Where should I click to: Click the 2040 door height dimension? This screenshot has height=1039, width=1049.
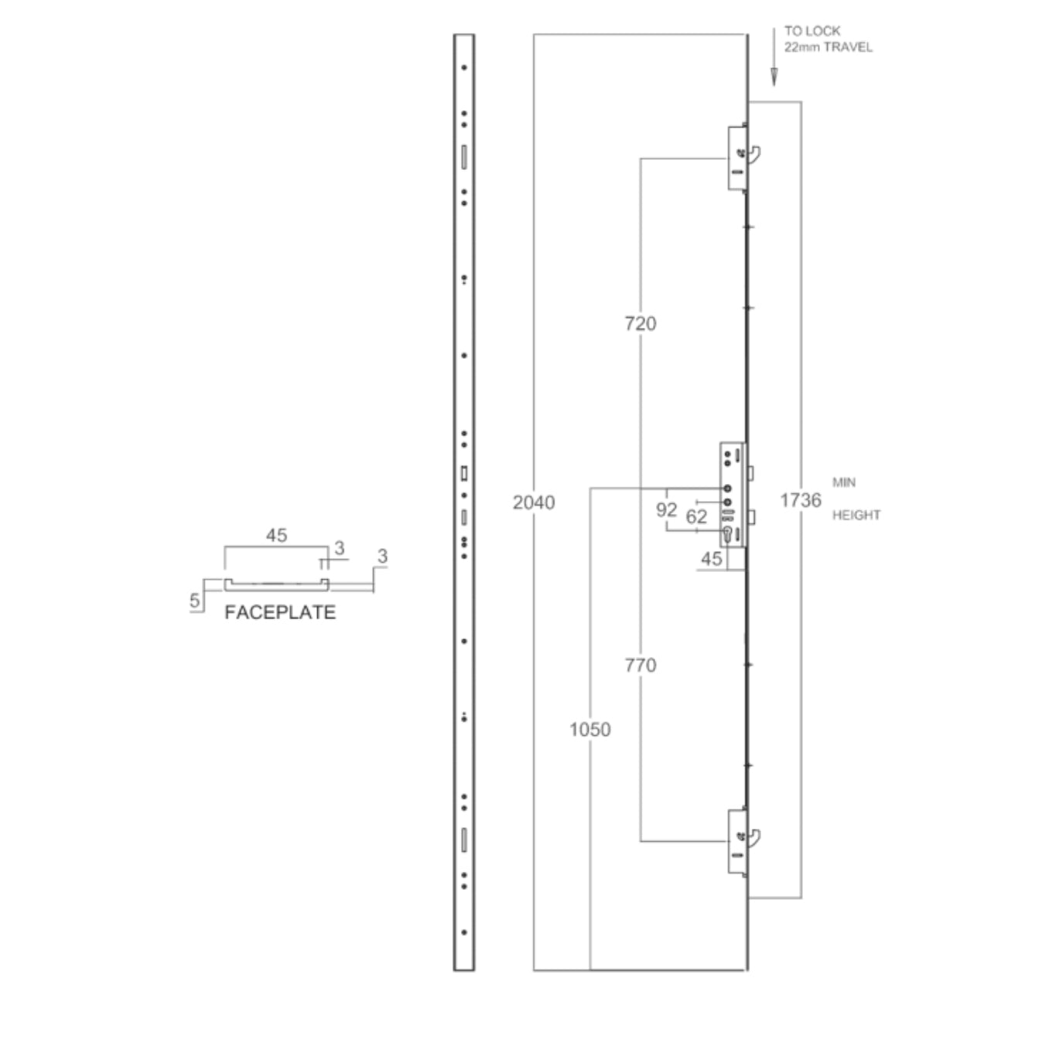click(x=534, y=502)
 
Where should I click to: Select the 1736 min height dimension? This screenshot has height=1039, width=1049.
click(x=800, y=500)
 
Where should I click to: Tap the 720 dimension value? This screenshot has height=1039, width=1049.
click(x=640, y=323)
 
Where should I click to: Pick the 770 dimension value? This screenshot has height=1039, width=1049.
click(x=640, y=665)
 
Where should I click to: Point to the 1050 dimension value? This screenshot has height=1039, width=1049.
click(x=589, y=729)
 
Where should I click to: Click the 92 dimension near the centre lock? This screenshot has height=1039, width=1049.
click(x=666, y=509)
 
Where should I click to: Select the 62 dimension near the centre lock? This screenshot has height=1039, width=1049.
click(x=696, y=516)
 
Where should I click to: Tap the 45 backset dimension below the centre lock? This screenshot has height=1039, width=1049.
click(x=711, y=559)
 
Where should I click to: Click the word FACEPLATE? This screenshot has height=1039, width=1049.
click(x=280, y=612)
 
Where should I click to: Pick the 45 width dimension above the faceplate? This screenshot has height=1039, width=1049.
click(x=276, y=535)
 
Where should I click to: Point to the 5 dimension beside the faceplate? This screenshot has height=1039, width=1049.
click(x=194, y=601)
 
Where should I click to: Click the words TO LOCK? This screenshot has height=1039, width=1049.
click(x=812, y=31)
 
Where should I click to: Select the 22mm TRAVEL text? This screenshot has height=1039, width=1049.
click(x=828, y=47)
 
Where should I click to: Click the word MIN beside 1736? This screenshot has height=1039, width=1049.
click(x=843, y=482)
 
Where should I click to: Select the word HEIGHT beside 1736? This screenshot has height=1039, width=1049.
click(x=856, y=515)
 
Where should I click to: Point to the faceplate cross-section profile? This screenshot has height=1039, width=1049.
click(x=276, y=584)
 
